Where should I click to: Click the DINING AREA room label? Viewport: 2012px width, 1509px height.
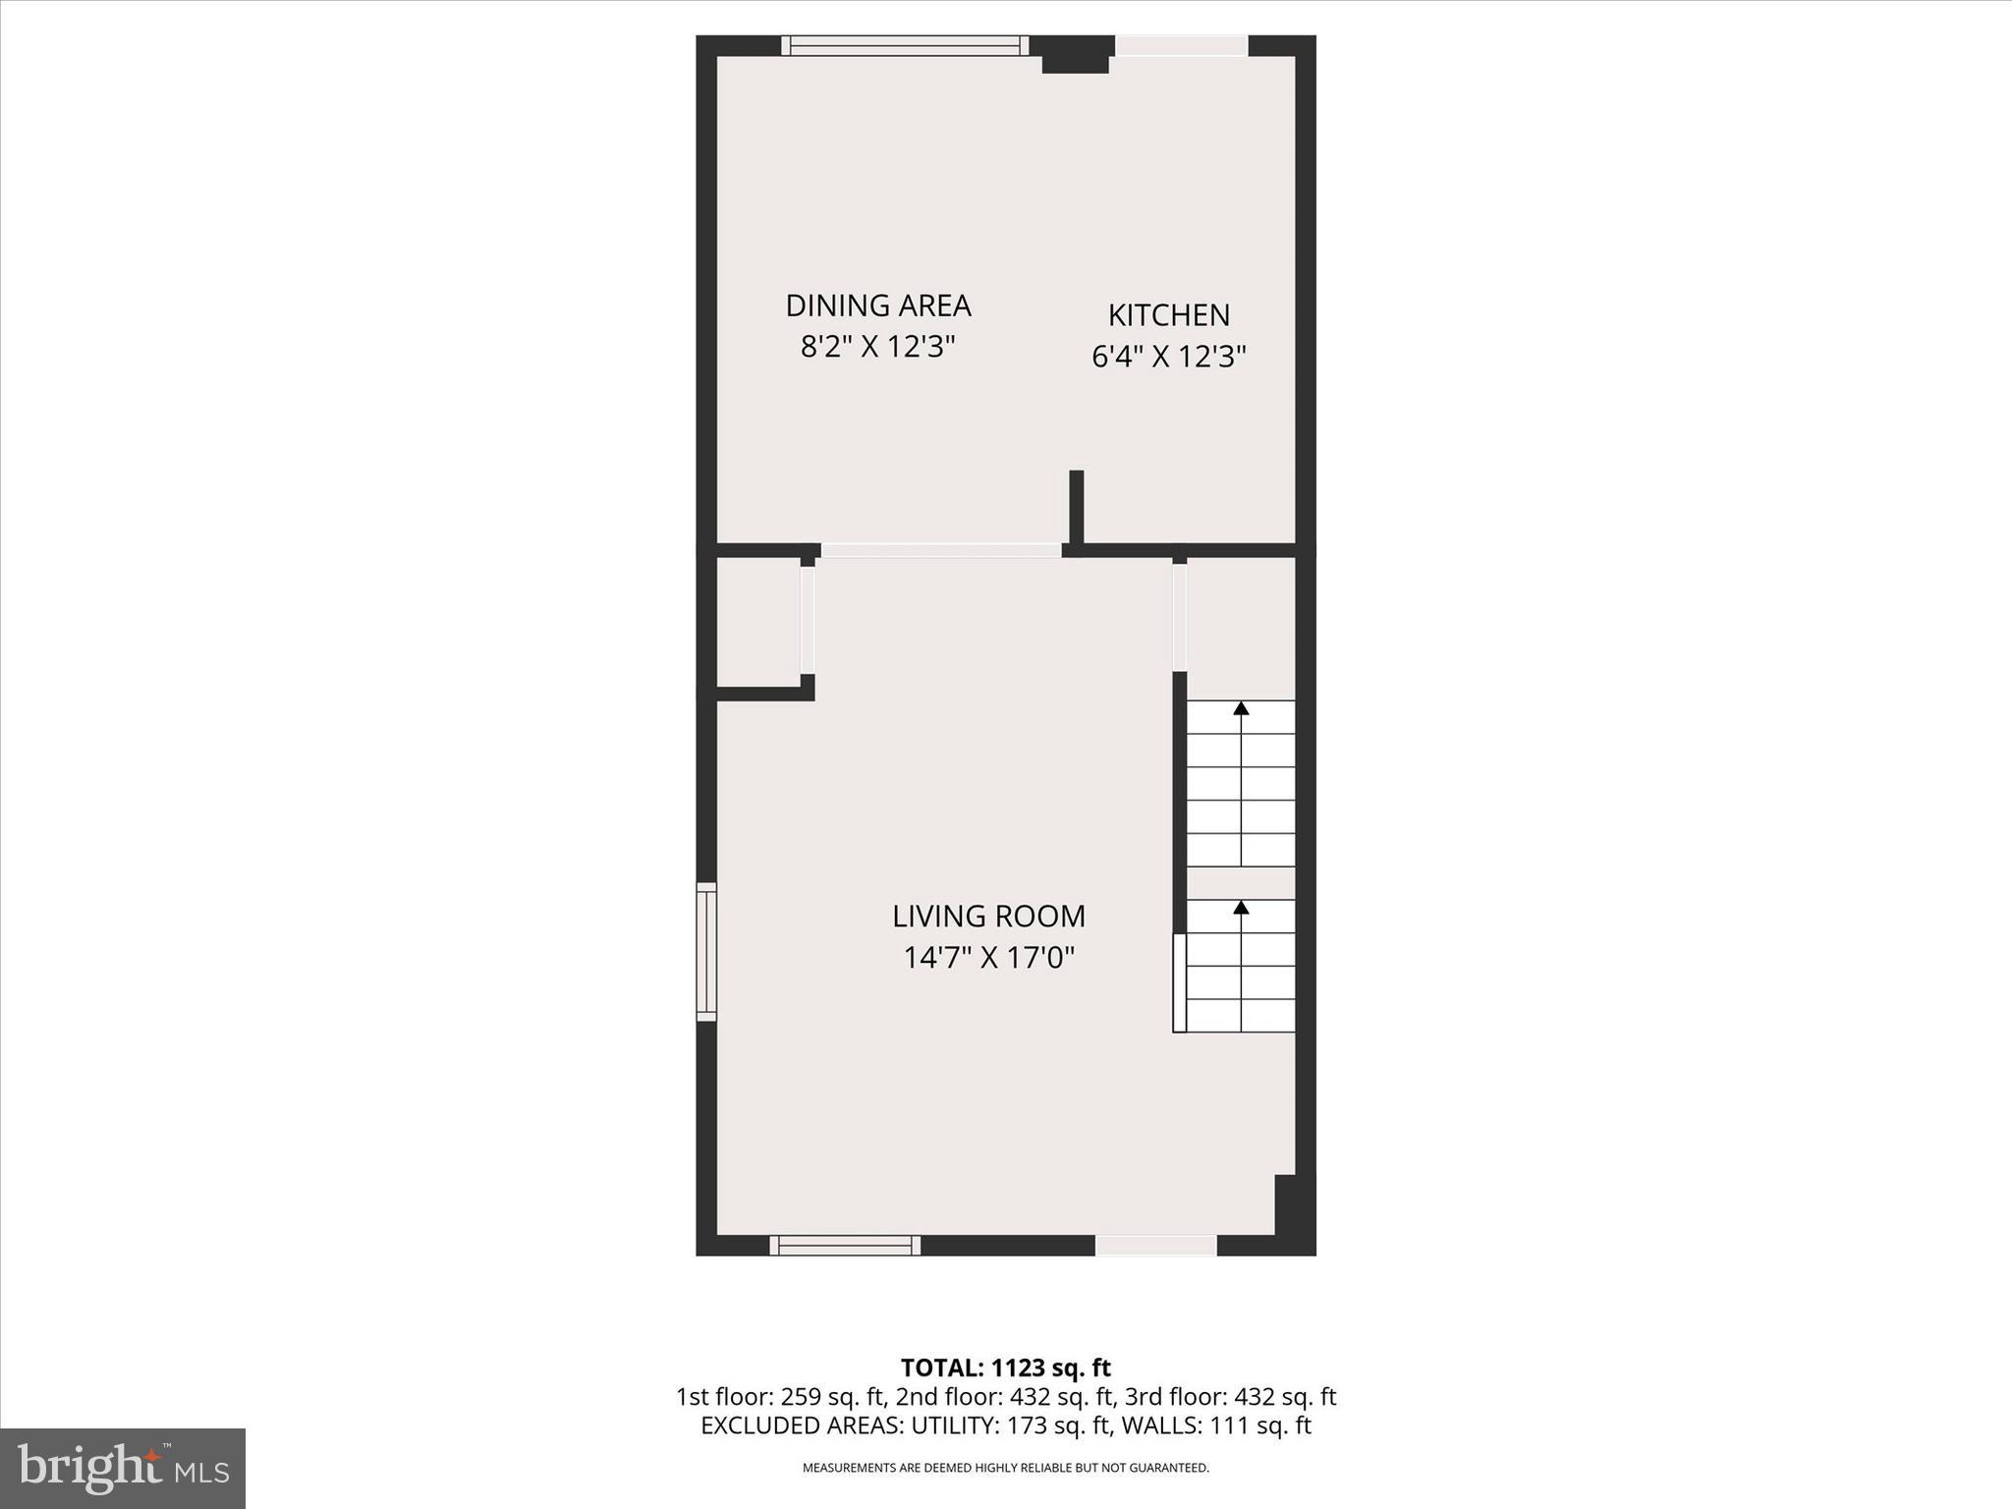pos(878,306)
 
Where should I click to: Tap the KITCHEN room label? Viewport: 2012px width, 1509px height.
pos(1168,315)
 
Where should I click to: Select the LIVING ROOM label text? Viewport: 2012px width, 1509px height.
pos(988,917)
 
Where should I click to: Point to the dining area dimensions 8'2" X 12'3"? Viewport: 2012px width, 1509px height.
pos(878,347)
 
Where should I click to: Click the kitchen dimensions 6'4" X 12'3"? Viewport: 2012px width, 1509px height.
pos(1168,356)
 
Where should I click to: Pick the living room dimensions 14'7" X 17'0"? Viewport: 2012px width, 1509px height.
pos(988,957)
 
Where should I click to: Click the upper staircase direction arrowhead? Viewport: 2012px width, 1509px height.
pos(1241,707)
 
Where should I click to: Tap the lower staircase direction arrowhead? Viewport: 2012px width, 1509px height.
pos(1241,907)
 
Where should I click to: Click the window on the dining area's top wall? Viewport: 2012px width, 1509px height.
pos(905,45)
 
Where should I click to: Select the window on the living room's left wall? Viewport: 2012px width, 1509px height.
pos(706,951)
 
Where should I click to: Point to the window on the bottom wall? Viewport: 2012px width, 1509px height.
pos(845,1245)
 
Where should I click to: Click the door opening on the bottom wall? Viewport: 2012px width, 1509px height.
pos(1155,1245)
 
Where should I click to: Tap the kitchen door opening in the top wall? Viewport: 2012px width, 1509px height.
pos(1181,45)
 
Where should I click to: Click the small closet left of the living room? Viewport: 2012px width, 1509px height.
pos(757,623)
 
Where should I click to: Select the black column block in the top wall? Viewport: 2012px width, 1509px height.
pos(1074,55)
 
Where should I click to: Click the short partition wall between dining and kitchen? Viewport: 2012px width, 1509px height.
pos(1076,506)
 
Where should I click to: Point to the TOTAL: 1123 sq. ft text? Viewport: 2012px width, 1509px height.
pos(1005,1368)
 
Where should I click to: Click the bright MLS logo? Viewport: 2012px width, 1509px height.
pos(123,1469)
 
